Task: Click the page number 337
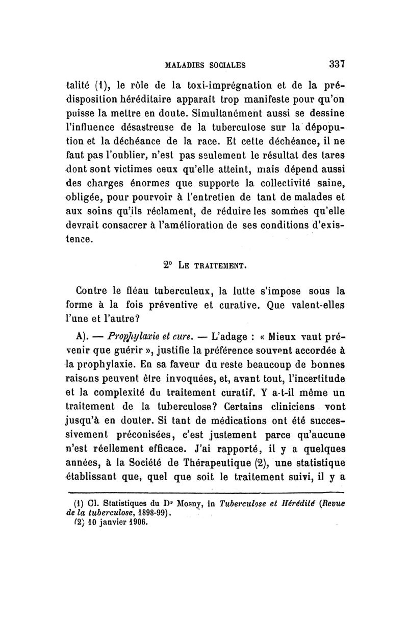tap(338, 64)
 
